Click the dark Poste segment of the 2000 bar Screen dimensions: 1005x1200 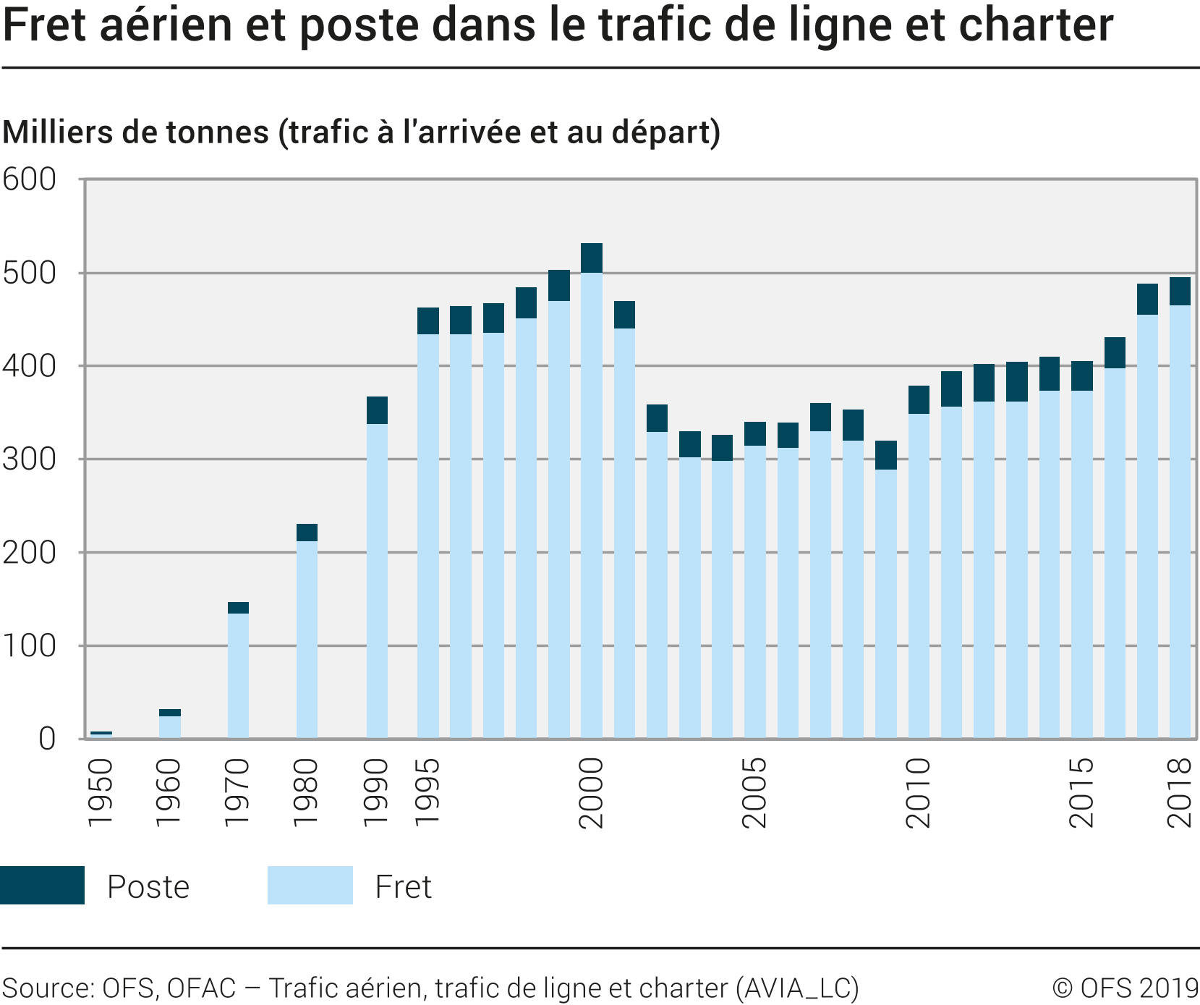pyautogui.click(x=591, y=258)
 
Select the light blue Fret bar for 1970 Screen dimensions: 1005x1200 pyautogui.click(x=238, y=675)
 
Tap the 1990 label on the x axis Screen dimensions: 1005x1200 pyautogui.click(x=376, y=792)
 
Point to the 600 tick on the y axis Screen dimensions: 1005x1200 pyautogui.click(x=29, y=179)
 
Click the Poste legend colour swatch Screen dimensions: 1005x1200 pyautogui.click(x=42, y=885)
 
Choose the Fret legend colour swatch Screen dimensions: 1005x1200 pyautogui.click(x=310, y=885)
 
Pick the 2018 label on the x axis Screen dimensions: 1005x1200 pyautogui.click(x=1180, y=792)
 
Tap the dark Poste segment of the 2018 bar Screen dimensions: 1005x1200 pyautogui.click(x=1180, y=291)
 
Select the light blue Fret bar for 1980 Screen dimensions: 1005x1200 pyautogui.click(x=307, y=639)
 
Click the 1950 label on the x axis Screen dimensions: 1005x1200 pyautogui.click(x=101, y=792)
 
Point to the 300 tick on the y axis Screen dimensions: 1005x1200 pyautogui.click(x=29, y=459)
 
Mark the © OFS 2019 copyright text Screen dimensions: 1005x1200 pyautogui.click(x=1125, y=988)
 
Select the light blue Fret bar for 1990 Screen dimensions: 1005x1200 pyautogui.click(x=377, y=580)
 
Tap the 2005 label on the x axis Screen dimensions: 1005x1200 pyautogui.click(x=754, y=792)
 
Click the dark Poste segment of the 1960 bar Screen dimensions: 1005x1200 pyautogui.click(x=169, y=713)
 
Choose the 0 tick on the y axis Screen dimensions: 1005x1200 pyautogui.click(x=46, y=739)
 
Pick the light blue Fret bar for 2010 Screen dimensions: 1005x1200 pyautogui.click(x=919, y=575)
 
